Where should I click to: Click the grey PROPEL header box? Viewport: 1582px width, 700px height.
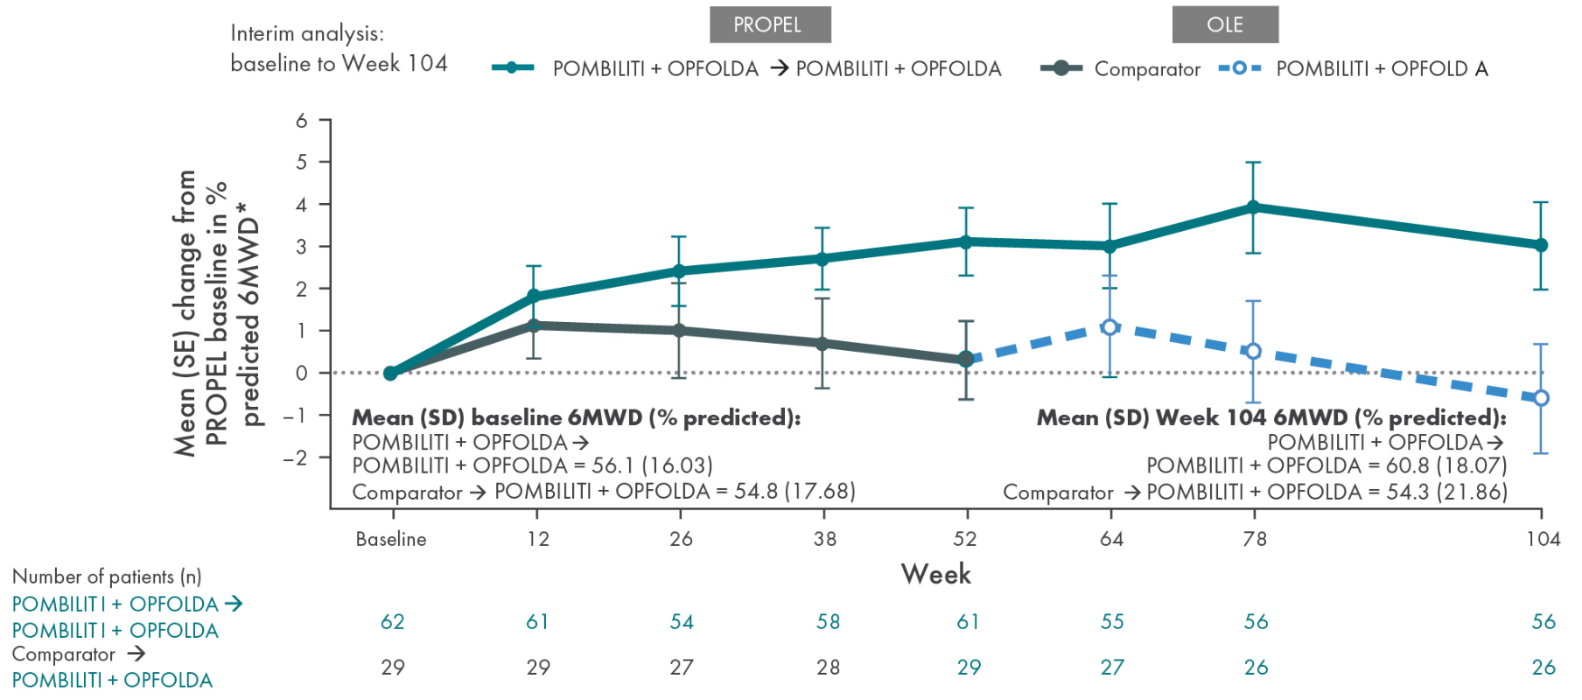[769, 24]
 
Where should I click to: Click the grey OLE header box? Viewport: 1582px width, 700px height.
[1224, 24]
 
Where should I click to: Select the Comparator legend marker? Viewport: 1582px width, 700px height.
[1060, 68]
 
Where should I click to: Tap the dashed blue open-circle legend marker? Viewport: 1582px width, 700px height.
[1239, 68]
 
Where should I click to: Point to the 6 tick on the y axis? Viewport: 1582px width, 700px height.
[302, 120]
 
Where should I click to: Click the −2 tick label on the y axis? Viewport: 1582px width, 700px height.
[296, 458]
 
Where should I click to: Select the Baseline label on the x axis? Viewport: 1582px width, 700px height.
[391, 539]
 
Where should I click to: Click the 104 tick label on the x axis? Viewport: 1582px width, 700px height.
[1543, 539]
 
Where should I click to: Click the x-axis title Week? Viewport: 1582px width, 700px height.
[935, 574]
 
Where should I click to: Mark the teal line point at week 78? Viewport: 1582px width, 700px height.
[1253, 207]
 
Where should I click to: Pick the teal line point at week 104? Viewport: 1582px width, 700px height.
[1541, 245]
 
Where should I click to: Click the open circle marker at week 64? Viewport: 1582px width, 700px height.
[1109, 327]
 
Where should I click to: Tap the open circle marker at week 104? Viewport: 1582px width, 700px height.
[1541, 398]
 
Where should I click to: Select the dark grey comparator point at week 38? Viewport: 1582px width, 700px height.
[822, 344]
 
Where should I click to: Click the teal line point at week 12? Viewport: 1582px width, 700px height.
[534, 297]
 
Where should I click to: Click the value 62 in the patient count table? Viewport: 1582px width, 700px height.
[392, 622]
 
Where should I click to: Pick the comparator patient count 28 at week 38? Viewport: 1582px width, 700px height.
[828, 668]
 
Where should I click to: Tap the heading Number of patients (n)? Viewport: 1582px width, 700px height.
[107, 577]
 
